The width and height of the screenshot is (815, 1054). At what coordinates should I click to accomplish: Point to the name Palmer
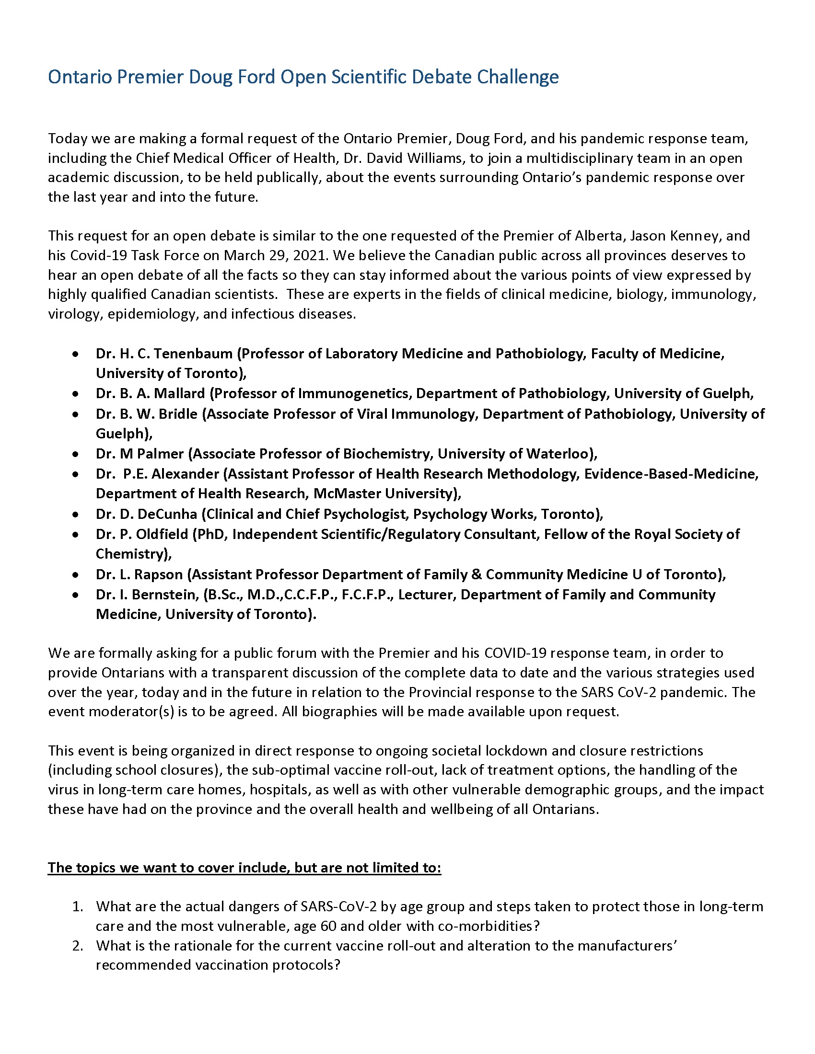(x=160, y=454)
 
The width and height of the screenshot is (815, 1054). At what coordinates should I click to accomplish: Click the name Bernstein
(x=164, y=595)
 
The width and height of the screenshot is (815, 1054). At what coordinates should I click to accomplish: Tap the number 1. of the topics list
(x=78, y=906)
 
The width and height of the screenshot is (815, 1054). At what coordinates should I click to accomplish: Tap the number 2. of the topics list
(x=78, y=945)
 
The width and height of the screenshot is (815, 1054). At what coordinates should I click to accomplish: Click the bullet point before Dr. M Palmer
(x=75, y=454)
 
